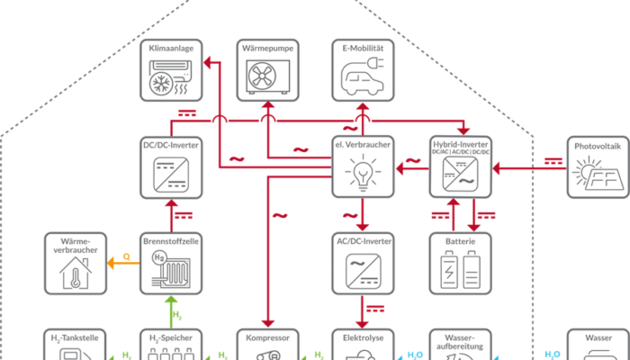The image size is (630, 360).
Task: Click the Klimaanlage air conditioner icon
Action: pyautogui.click(x=171, y=79)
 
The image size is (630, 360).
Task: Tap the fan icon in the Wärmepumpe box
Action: pyautogui.click(x=267, y=79)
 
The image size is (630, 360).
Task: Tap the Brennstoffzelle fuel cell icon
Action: pyautogui.click(x=171, y=271)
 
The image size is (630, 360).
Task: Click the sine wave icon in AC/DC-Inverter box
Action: pyautogui.click(x=362, y=271)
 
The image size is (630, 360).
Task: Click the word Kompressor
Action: pyautogui.click(x=267, y=338)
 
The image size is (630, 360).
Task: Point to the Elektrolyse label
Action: pyautogui.click(x=362, y=338)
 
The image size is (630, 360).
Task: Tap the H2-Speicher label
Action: pyautogui.click(x=171, y=338)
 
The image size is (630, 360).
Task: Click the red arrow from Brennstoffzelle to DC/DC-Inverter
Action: pyautogui.click(x=171, y=216)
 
